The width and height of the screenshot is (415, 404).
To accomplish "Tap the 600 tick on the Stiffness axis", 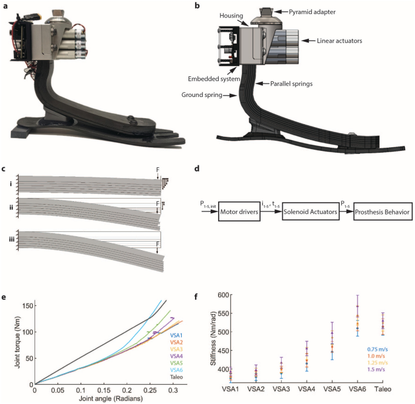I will tap(209, 295).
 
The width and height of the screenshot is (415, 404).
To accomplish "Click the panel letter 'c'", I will tap(5, 168).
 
